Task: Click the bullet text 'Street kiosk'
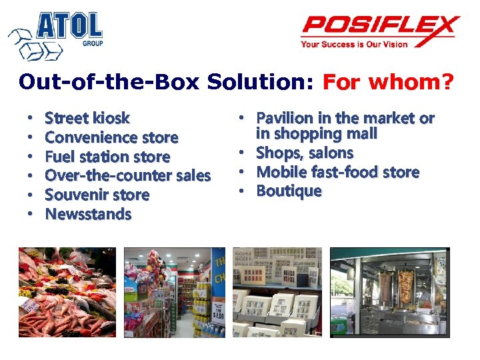87,119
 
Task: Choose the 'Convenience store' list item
111,138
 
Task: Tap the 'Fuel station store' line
107,157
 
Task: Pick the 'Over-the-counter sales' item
127,176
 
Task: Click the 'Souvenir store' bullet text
97,195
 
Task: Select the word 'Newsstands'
88,215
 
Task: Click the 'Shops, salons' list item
305,153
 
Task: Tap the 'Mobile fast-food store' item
338,172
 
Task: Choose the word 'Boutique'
289,191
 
